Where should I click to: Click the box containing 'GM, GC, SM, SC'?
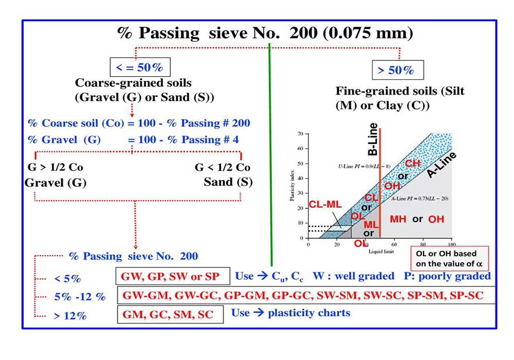[x=171, y=313]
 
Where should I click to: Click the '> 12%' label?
[x=70, y=316]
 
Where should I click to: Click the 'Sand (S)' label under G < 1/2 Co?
[x=228, y=182]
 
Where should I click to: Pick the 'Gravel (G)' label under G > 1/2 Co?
[x=56, y=182]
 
